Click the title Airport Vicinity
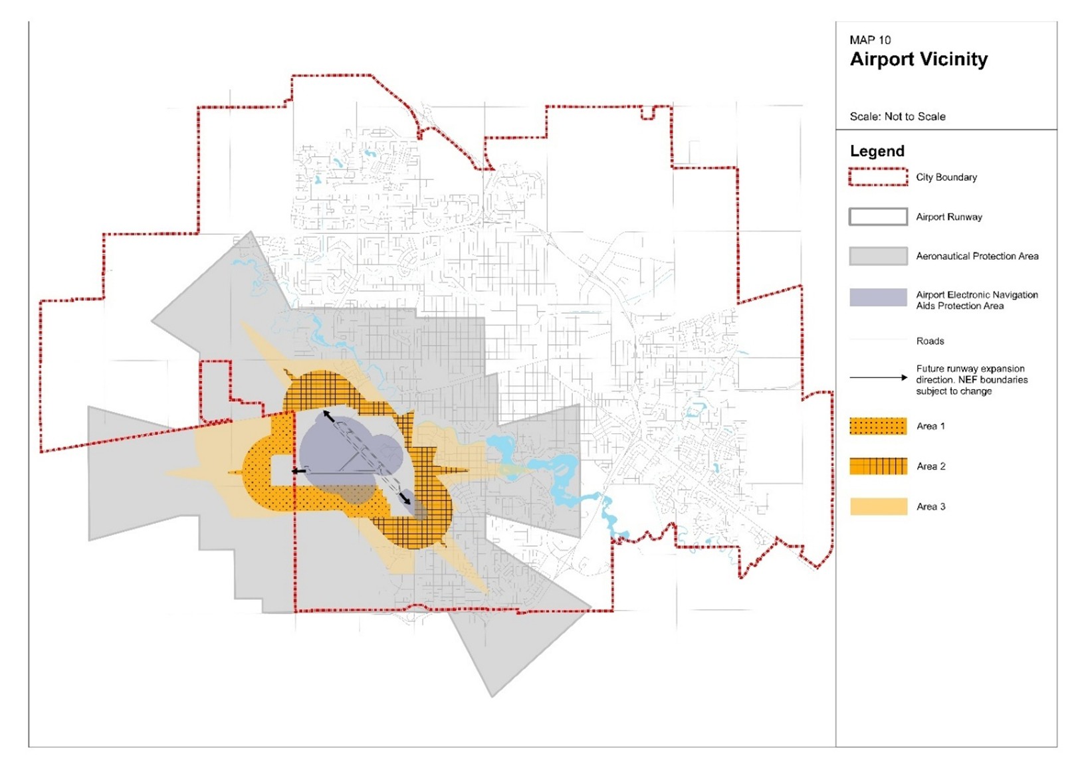click(x=919, y=59)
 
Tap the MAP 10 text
click(x=870, y=40)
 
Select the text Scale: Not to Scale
click(x=897, y=116)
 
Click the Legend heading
click(x=877, y=151)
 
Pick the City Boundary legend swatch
click(x=878, y=177)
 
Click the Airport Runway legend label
click(x=948, y=217)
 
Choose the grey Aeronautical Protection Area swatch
click(x=878, y=256)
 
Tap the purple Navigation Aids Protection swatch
click(x=878, y=297)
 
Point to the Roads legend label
click(x=930, y=341)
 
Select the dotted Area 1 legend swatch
click(x=878, y=426)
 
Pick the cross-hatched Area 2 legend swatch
click(x=878, y=466)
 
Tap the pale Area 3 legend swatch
click(x=878, y=506)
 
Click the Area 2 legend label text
click(x=930, y=466)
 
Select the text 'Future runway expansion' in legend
click(x=970, y=368)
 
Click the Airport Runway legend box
click(x=878, y=217)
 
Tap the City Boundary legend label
click(x=946, y=177)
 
